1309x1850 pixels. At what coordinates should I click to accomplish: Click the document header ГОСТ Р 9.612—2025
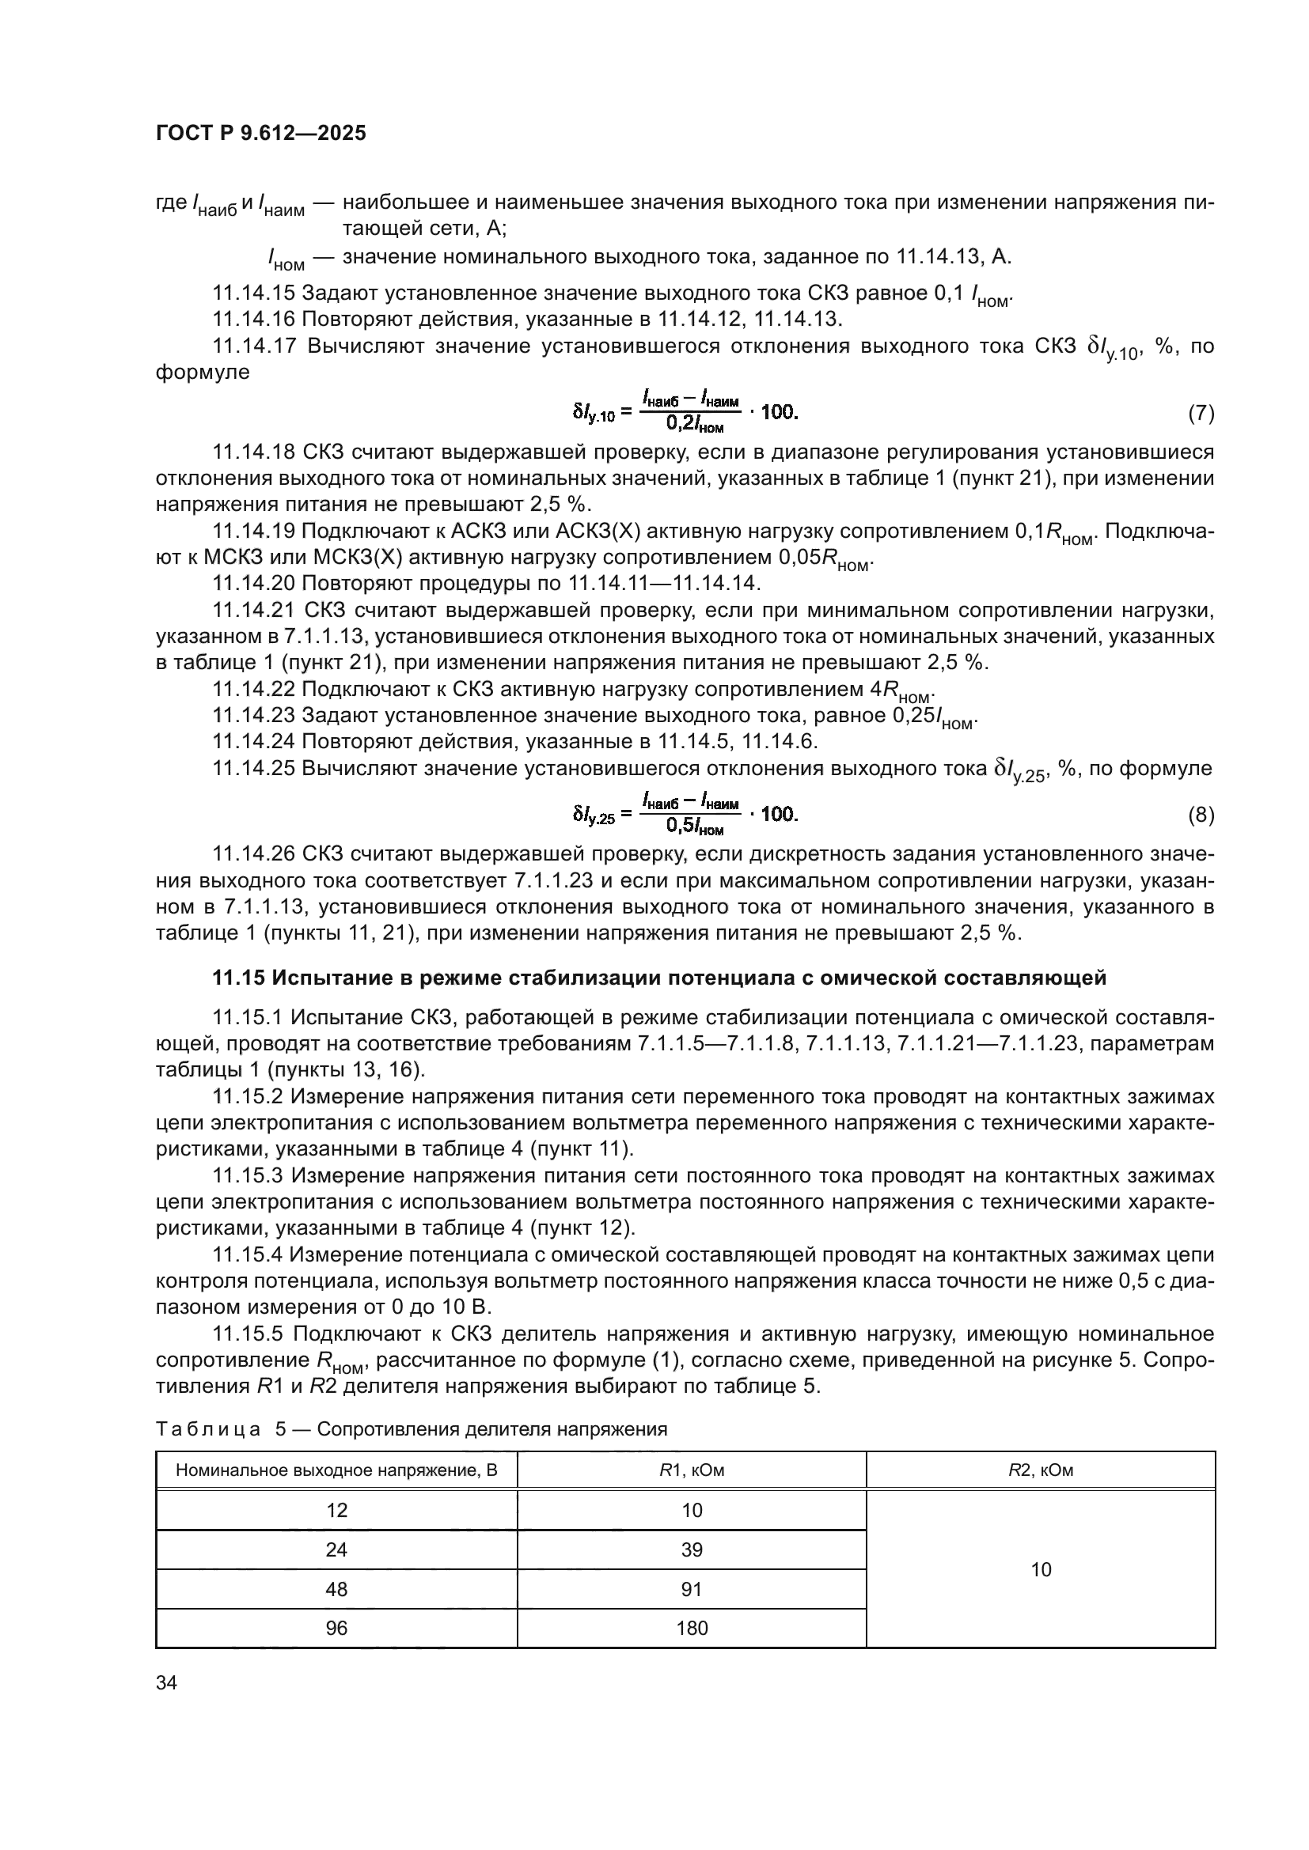(260, 133)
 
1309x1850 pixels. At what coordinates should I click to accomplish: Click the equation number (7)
(1201, 414)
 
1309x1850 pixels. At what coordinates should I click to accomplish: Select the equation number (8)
(1201, 815)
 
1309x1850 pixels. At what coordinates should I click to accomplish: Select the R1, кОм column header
(692, 1470)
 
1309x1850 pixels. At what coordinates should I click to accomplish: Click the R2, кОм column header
(1041, 1470)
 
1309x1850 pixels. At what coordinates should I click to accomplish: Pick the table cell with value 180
(692, 1628)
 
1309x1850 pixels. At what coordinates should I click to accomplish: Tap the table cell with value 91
(692, 1589)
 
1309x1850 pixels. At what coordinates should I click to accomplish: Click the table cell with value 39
(692, 1549)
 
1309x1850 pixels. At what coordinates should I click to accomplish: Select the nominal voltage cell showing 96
(336, 1628)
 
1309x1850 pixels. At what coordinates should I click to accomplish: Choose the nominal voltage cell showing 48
(336, 1589)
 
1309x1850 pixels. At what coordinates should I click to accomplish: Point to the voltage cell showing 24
(336, 1549)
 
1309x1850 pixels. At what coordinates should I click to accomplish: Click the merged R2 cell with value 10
(1041, 1568)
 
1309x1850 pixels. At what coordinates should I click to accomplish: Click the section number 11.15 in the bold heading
(238, 978)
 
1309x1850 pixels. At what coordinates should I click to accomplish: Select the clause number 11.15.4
(248, 1254)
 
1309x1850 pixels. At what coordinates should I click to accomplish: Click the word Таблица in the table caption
(207, 1429)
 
